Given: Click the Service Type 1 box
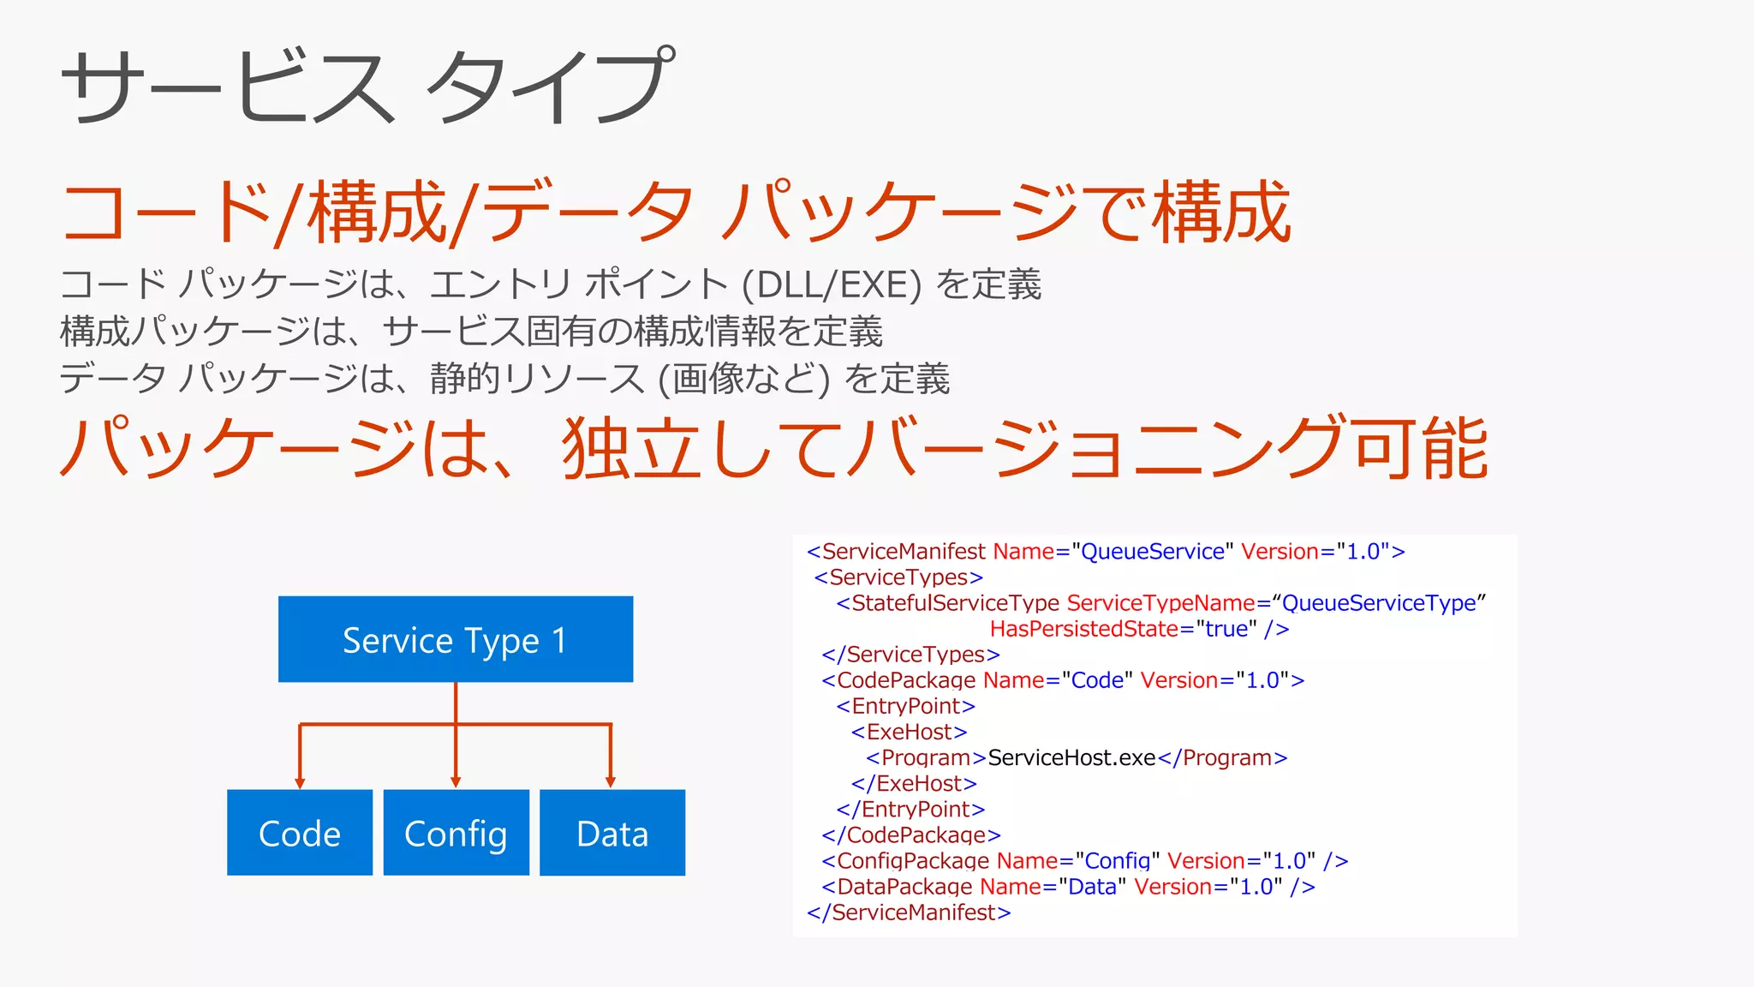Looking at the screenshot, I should coord(455,639).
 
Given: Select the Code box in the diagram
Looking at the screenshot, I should coord(300,833).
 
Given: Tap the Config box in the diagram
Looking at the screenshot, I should coord(456,833).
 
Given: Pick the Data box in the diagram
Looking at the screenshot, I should coord(612,833).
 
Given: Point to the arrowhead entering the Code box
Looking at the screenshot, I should coord(300,782).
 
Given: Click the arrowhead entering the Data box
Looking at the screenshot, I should coord(611,782).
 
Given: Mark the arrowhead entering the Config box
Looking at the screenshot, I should coord(456,782).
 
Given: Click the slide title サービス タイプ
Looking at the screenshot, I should coord(368,86).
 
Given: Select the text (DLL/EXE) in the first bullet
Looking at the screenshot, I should coord(832,285).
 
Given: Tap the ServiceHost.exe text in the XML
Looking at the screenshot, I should coord(1071,758).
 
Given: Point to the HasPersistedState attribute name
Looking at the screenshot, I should coord(1084,629).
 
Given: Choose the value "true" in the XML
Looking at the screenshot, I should coord(1226,629).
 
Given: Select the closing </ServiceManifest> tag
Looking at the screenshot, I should coord(909,912).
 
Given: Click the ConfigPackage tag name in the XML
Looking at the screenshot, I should coord(913,861).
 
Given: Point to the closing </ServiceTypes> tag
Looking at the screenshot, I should coord(910,655).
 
